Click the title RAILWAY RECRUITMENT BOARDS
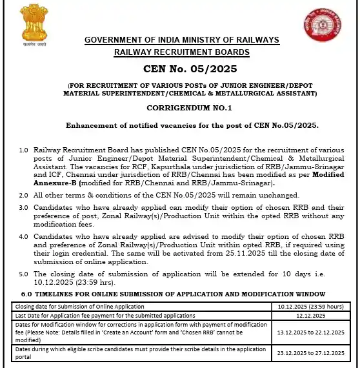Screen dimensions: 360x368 [x=181, y=52]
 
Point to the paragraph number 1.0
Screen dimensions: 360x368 [x=23, y=150]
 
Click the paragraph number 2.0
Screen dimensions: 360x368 [x=23, y=194]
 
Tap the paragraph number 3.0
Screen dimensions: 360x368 [x=23, y=208]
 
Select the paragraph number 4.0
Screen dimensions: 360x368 [x=23, y=237]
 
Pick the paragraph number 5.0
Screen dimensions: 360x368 [x=23, y=274]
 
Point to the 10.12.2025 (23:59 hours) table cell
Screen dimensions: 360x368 [x=312, y=305]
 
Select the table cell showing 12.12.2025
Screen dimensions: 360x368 [x=312, y=314]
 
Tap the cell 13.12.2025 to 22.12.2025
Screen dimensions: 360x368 [x=312, y=332]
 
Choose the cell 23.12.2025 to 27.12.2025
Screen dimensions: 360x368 [x=312, y=353]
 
